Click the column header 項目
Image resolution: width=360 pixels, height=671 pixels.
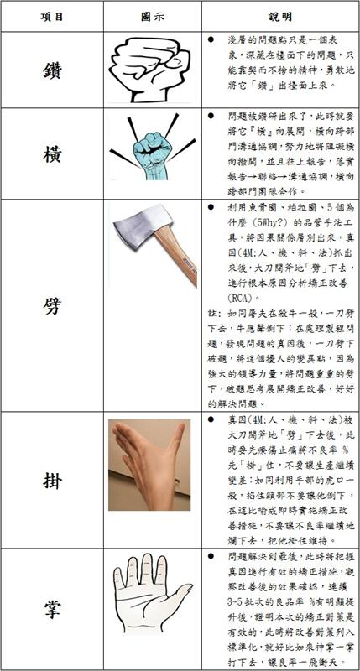click(x=52, y=16)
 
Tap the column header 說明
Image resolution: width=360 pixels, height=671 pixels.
click(x=280, y=16)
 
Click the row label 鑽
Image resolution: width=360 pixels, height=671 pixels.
click(x=52, y=71)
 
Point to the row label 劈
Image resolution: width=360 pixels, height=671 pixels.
click(x=52, y=305)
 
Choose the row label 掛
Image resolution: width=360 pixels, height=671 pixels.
click(x=52, y=480)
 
